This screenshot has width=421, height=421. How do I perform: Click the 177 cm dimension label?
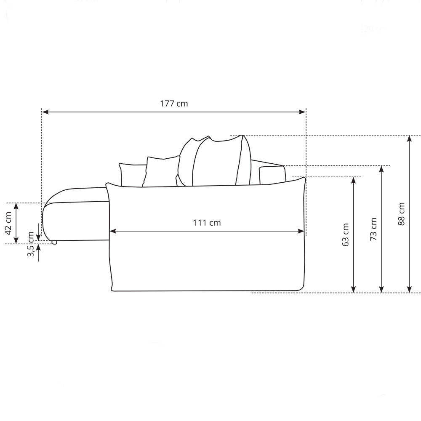(174, 104)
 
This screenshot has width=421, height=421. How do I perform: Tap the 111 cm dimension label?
(207, 223)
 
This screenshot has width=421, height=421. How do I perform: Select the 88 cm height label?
(401, 214)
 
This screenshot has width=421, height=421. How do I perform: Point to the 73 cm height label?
(373, 229)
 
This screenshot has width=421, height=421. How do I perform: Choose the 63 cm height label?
(345, 234)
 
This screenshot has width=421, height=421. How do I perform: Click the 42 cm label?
(8, 223)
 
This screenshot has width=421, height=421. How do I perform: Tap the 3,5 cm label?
(31, 244)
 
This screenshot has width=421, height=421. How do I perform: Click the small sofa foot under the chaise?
(54, 242)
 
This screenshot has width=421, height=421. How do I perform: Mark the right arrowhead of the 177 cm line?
(302, 112)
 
